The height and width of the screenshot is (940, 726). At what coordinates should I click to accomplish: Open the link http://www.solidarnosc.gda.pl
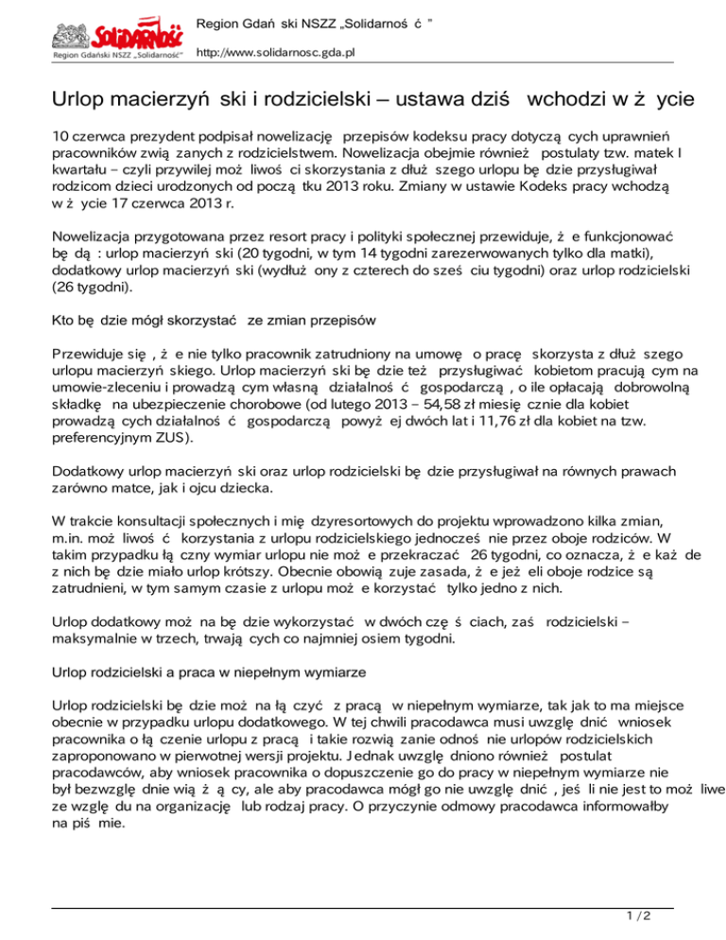tap(274, 53)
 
